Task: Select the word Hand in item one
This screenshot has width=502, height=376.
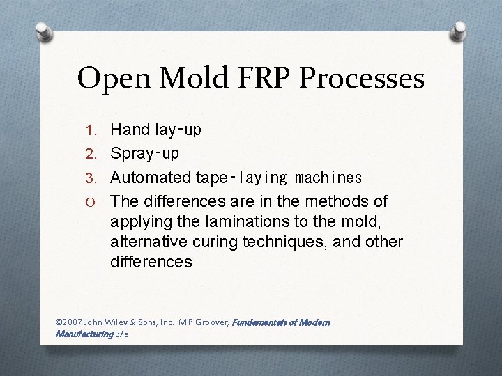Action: tap(130, 130)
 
